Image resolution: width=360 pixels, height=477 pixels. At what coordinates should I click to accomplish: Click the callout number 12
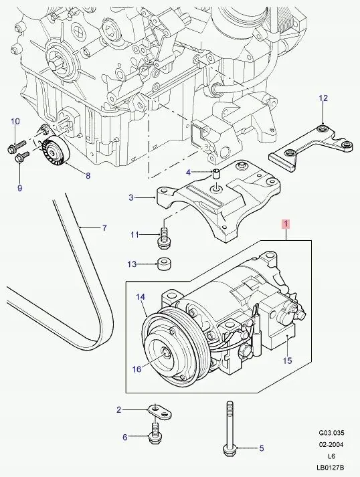[323, 98]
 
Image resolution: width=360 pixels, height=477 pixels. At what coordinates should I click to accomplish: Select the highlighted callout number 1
[286, 224]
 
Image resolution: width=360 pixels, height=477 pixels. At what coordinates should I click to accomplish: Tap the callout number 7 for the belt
[104, 228]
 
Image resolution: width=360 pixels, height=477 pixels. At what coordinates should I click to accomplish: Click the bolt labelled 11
[161, 237]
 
